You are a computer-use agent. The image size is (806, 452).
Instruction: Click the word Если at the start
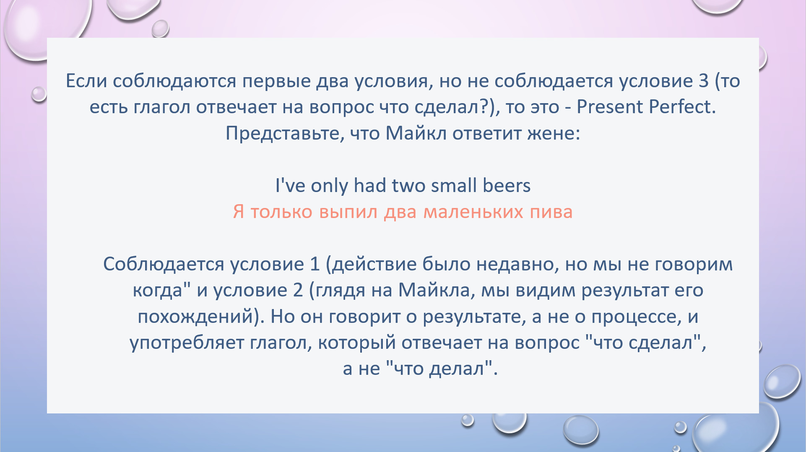pyautogui.click(x=86, y=81)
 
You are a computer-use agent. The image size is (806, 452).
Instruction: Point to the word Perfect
pyautogui.click(x=682, y=107)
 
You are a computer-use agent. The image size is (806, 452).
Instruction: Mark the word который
pyautogui.click(x=357, y=343)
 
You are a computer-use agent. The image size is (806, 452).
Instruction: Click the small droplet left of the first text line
pyautogui.click(x=39, y=94)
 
